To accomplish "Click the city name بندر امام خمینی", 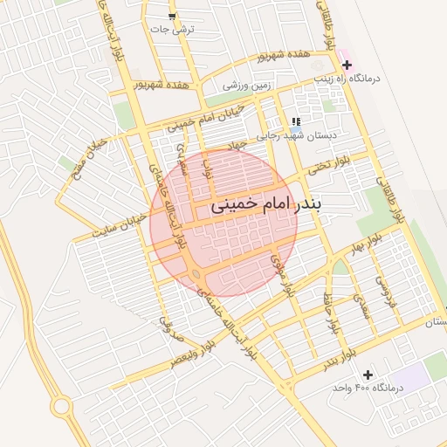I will tap(265, 207).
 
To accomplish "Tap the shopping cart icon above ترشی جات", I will tap(172, 17).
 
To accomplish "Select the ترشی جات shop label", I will tap(172, 30).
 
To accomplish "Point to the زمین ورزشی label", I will tap(248, 86).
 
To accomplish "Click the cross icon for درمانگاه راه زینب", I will tap(347, 65).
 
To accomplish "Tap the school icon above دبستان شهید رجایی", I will tap(296, 121).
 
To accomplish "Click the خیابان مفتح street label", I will tap(90, 152).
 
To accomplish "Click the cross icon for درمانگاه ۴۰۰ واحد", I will tap(367, 374).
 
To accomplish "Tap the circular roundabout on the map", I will tap(60, 406).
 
